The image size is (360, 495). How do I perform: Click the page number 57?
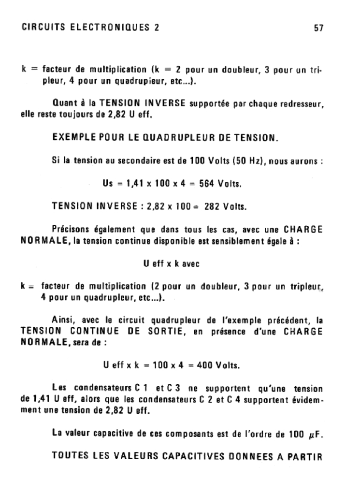(318, 28)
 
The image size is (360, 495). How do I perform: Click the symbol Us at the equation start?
(108, 184)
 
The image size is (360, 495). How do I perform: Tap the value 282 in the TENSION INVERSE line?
(212, 207)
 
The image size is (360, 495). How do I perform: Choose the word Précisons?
(70, 230)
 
